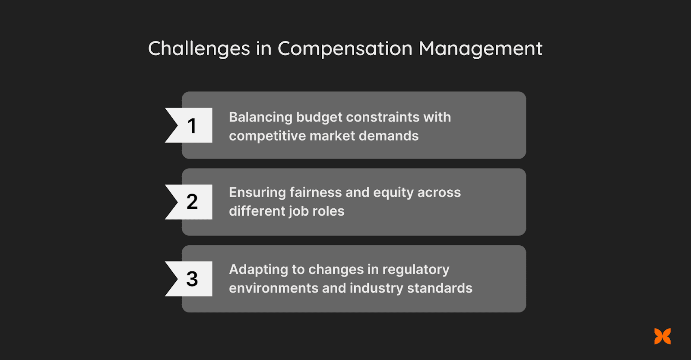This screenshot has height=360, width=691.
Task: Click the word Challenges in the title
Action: pos(199,49)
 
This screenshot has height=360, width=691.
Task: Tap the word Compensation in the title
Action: pos(345,49)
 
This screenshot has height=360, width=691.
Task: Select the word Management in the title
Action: pos(480,49)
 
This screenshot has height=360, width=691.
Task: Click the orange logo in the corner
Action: pos(662,336)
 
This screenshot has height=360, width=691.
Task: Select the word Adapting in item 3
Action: pos(258,270)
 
